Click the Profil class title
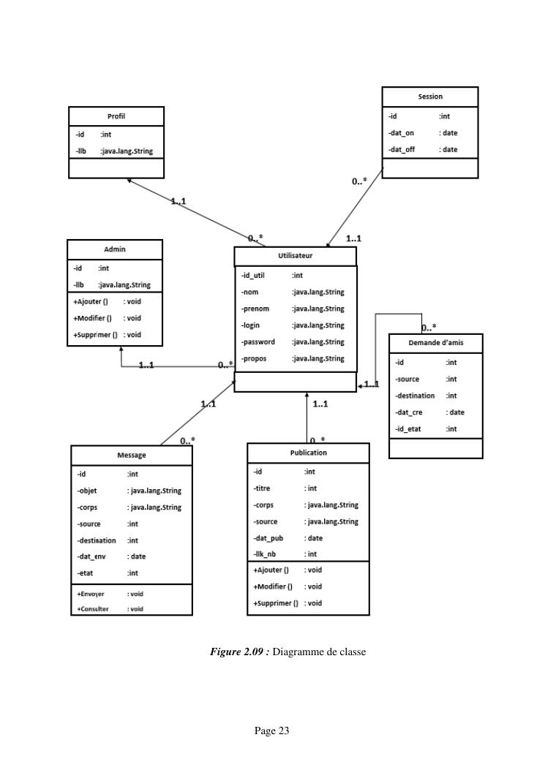point(116,116)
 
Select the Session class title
point(430,97)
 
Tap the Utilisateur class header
point(295,256)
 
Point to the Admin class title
point(115,249)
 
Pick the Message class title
point(132,455)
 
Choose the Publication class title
point(308,453)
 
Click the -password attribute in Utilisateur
point(258,341)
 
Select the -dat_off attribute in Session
point(402,150)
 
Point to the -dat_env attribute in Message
point(91,556)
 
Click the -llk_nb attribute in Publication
point(265,554)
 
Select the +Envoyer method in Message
point(91,595)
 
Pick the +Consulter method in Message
point(93,608)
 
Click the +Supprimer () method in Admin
point(96,335)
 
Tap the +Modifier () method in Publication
point(273,586)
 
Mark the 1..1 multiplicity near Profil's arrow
point(178,201)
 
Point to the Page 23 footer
point(272,730)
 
